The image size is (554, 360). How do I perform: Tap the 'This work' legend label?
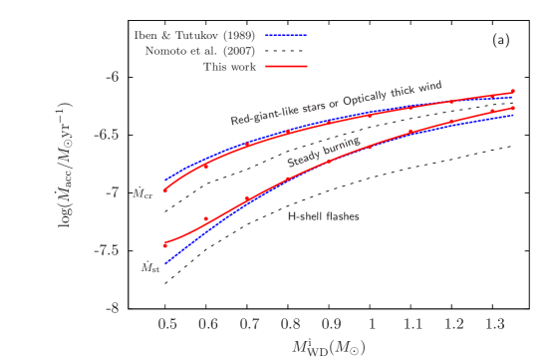pos(229,66)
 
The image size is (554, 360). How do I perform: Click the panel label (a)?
pos(501,40)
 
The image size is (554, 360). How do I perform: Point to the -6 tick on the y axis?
pos(140,76)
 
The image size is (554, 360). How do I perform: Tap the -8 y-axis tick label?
pos(140,308)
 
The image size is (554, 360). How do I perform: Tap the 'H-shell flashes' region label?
pos(323,215)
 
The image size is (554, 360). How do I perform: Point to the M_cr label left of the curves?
pos(144,194)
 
